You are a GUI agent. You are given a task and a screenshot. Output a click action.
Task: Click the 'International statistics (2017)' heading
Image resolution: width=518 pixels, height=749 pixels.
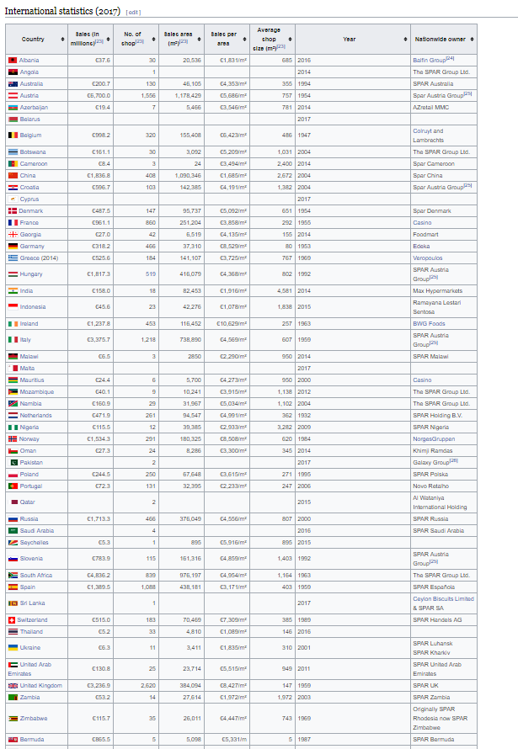coord(62,11)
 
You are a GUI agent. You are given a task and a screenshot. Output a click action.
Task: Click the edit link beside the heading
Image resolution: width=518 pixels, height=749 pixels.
coord(133,12)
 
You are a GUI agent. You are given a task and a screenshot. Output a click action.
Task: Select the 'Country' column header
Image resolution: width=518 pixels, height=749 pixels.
coord(34,40)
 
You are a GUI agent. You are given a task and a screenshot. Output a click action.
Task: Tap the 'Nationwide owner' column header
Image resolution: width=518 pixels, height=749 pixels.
coord(440,40)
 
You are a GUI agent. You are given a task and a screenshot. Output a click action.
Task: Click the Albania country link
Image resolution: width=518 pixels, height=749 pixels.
coord(30,61)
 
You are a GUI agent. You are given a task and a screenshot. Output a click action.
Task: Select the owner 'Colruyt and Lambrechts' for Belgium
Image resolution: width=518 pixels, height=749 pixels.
coord(432,135)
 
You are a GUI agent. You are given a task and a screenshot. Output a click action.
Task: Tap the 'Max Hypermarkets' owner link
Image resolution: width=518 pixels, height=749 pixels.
coord(437,290)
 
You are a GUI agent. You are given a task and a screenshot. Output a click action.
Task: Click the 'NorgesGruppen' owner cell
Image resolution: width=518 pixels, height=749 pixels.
coord(435,438)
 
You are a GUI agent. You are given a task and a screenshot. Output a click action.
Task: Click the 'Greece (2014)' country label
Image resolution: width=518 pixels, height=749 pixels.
coord(40,258)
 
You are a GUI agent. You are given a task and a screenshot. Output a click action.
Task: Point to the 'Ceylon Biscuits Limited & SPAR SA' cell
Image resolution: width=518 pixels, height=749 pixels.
coord(443,603)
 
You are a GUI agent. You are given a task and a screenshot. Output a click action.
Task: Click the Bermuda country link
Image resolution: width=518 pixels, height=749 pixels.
coord(31,739)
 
